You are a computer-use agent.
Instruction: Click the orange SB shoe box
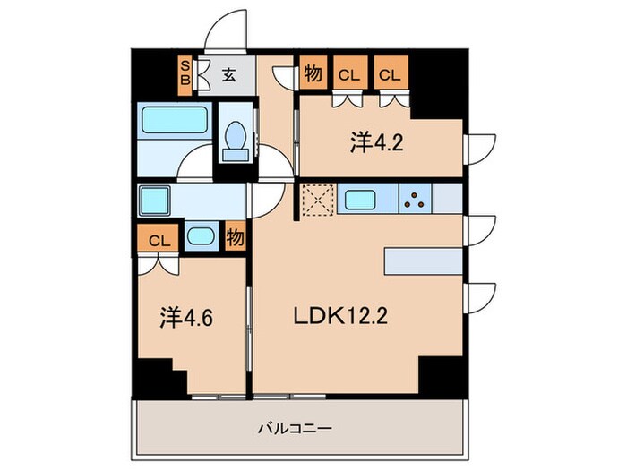pos(185,73)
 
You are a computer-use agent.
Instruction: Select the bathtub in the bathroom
pos(175,121)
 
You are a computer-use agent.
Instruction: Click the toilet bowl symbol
pos(237,140)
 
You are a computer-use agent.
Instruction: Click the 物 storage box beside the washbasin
pos(235,238)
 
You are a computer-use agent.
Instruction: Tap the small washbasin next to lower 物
pos(202,238)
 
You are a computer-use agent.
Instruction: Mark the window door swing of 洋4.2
pos(481,146)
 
